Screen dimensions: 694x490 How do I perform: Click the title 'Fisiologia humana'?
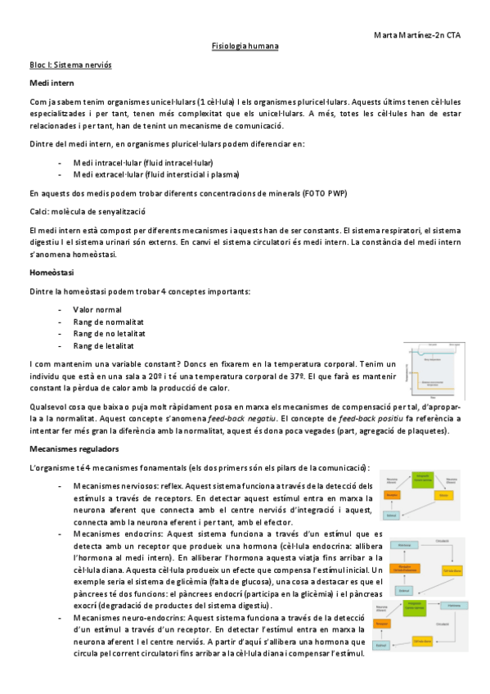tap(245, 47)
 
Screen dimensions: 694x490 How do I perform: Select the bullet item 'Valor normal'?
tap(102, 309)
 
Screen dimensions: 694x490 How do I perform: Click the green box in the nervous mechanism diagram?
tap(422, 477)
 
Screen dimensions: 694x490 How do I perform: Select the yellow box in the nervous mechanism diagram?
tap(442, 496)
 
